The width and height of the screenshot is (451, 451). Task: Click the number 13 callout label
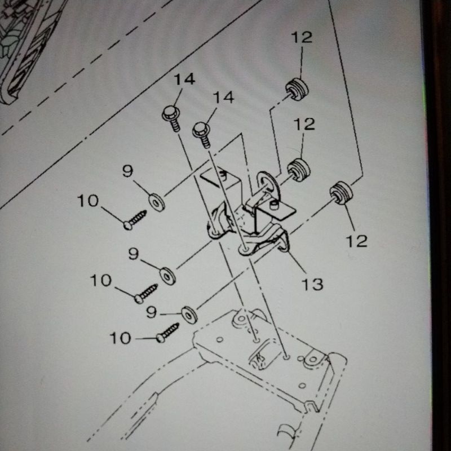point(312,284)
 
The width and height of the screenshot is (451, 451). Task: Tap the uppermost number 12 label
point(302,38)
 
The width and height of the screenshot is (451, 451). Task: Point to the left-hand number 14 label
point(184,79)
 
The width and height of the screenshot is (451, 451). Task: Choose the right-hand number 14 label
point(223,98)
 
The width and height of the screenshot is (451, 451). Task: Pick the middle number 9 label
point(133,254)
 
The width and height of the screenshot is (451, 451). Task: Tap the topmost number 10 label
point(88,200)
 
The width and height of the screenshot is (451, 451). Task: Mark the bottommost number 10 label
point(120,338)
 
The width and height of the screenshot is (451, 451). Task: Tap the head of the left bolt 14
point(171,114)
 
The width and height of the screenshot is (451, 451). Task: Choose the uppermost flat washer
point(157,201)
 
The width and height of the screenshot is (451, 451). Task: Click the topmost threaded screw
point(135,219)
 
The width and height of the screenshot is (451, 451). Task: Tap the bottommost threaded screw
point(167,333)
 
